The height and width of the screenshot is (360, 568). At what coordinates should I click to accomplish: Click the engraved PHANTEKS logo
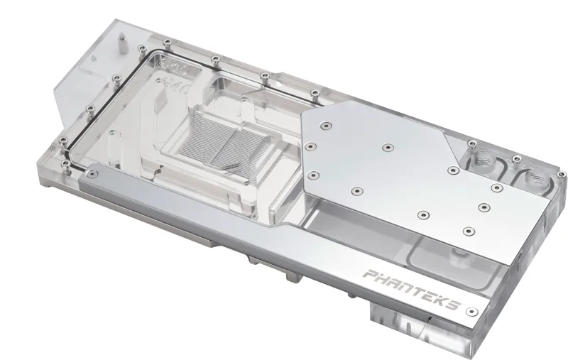[x=412, y=290]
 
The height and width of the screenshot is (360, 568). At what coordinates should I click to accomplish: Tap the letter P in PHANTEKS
[x=370, y=275]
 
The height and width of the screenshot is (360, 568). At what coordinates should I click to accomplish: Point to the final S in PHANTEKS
[x=453, y=305]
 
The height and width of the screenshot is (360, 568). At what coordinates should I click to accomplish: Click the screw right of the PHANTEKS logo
[x=471, y=312]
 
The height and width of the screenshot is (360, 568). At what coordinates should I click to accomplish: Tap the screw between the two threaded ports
[x=517, y=159]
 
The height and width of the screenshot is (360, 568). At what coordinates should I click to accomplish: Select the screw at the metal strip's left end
[x=93, y=175]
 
